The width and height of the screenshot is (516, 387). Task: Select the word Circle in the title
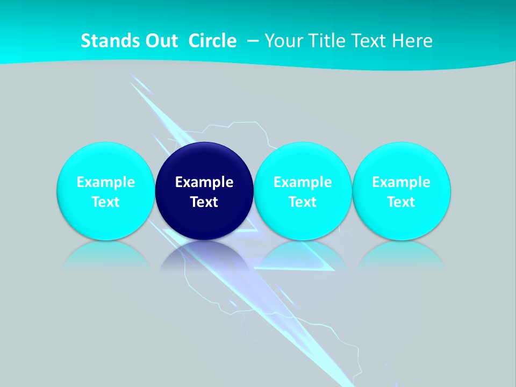212,41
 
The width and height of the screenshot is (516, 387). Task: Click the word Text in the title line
369,41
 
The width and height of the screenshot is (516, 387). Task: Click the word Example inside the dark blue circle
204,182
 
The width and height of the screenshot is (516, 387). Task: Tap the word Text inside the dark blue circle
204,202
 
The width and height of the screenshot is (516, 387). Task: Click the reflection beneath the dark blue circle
204,255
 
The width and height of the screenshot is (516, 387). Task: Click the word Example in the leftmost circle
105,182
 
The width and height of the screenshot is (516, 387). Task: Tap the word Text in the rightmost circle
402,202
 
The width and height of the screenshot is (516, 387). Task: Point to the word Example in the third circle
303,182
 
